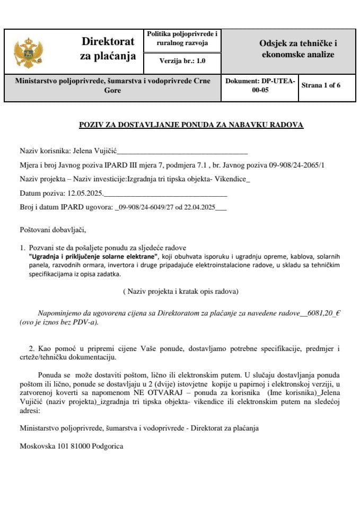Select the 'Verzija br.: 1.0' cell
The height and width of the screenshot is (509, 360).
coord(182,62)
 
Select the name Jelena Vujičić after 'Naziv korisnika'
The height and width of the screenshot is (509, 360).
coord(93,151)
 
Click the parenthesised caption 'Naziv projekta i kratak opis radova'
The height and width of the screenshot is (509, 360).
coord(180,291)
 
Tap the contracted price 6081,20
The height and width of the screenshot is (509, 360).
coord(319,313)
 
